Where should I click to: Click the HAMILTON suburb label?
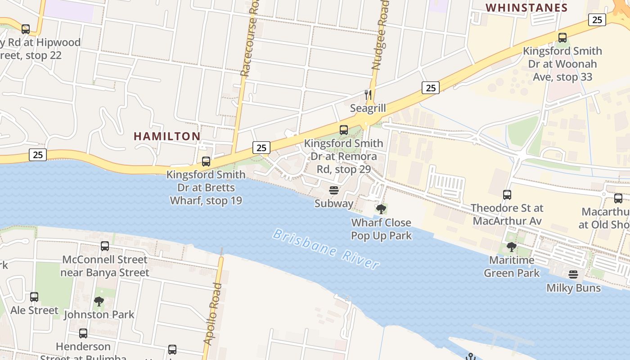pos(167,136)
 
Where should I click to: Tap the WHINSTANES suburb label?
pos(527,8)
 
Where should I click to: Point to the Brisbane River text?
pos(326,249)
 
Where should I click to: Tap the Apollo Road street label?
pos(213,314)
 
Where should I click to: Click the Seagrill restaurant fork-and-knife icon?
pos(368,94)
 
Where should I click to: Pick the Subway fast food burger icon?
pos(333,190)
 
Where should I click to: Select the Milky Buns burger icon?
pos(573,274)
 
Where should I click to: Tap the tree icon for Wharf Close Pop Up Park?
pos(381,209)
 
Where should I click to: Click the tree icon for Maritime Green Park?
pos(511,247)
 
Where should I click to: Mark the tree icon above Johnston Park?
pos(99,301)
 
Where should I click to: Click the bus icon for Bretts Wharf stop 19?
pos(206,161)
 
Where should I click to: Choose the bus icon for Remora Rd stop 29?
pos(344,130)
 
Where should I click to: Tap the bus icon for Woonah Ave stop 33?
pos(562,38)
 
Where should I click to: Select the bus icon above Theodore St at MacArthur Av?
pos(507,195)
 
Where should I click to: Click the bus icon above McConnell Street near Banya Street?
pos(105,246)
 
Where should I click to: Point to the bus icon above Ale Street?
pos(34,297)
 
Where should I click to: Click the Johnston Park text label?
pos(99,315)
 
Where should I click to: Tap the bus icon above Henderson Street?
pos(83,333)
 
